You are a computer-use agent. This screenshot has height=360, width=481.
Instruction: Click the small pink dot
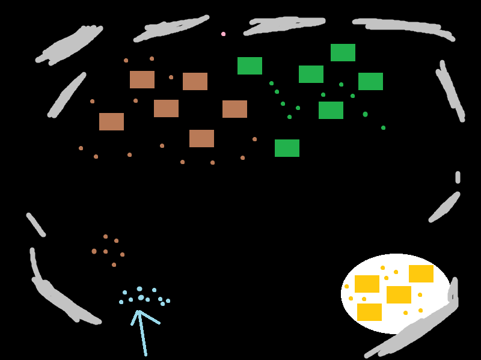pyautogui.click(x=223, y=34)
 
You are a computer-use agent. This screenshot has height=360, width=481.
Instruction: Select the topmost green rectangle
pyautogui.click(x=343, y=52)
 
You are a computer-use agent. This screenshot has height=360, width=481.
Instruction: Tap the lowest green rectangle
pyautogui.click(x=287, y=148)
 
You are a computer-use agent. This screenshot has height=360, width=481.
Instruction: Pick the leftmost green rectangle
pyautogui.click(x=250, y=66)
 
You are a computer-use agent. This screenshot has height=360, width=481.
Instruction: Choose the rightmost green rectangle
pyautogui.click(x=370, y=81)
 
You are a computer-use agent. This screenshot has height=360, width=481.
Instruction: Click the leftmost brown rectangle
pyautogui.click(x=111, y=121)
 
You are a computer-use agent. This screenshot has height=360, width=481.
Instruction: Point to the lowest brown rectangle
pyautogui.click(x=201, y=138)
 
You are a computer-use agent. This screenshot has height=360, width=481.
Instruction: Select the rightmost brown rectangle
pyautogui.click(x=234, y=109)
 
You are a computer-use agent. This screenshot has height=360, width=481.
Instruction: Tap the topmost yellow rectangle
pyautogui.click(x=421, y=273)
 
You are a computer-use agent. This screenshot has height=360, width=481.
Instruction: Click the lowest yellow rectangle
pyautogui.click(x=369, y=312)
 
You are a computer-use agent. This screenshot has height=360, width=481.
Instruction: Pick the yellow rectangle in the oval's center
pyautogui.click(x=399, y=294)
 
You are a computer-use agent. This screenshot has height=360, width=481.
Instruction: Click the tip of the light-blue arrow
pyautogui.click(x=138, y=311)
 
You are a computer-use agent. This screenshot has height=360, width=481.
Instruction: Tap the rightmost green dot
pyautogui.click(x=383, y=127)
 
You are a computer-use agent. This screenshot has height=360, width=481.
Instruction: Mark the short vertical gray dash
pyautogui.click(x=458, y=177)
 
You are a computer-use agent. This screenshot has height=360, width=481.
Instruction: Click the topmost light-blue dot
pyautogui.click(x=139, y=289)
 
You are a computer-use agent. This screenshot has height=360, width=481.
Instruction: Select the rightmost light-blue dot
pyautogui.click(x=168, y=301)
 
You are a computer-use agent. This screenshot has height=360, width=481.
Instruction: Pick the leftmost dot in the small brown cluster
pyautogui.click(x=94, y=251)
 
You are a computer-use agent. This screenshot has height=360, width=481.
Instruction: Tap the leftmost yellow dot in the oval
pyautogui.click(x=346, y=286)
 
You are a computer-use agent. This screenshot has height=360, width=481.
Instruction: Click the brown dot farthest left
pyautogui.click(x=81, y=148)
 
